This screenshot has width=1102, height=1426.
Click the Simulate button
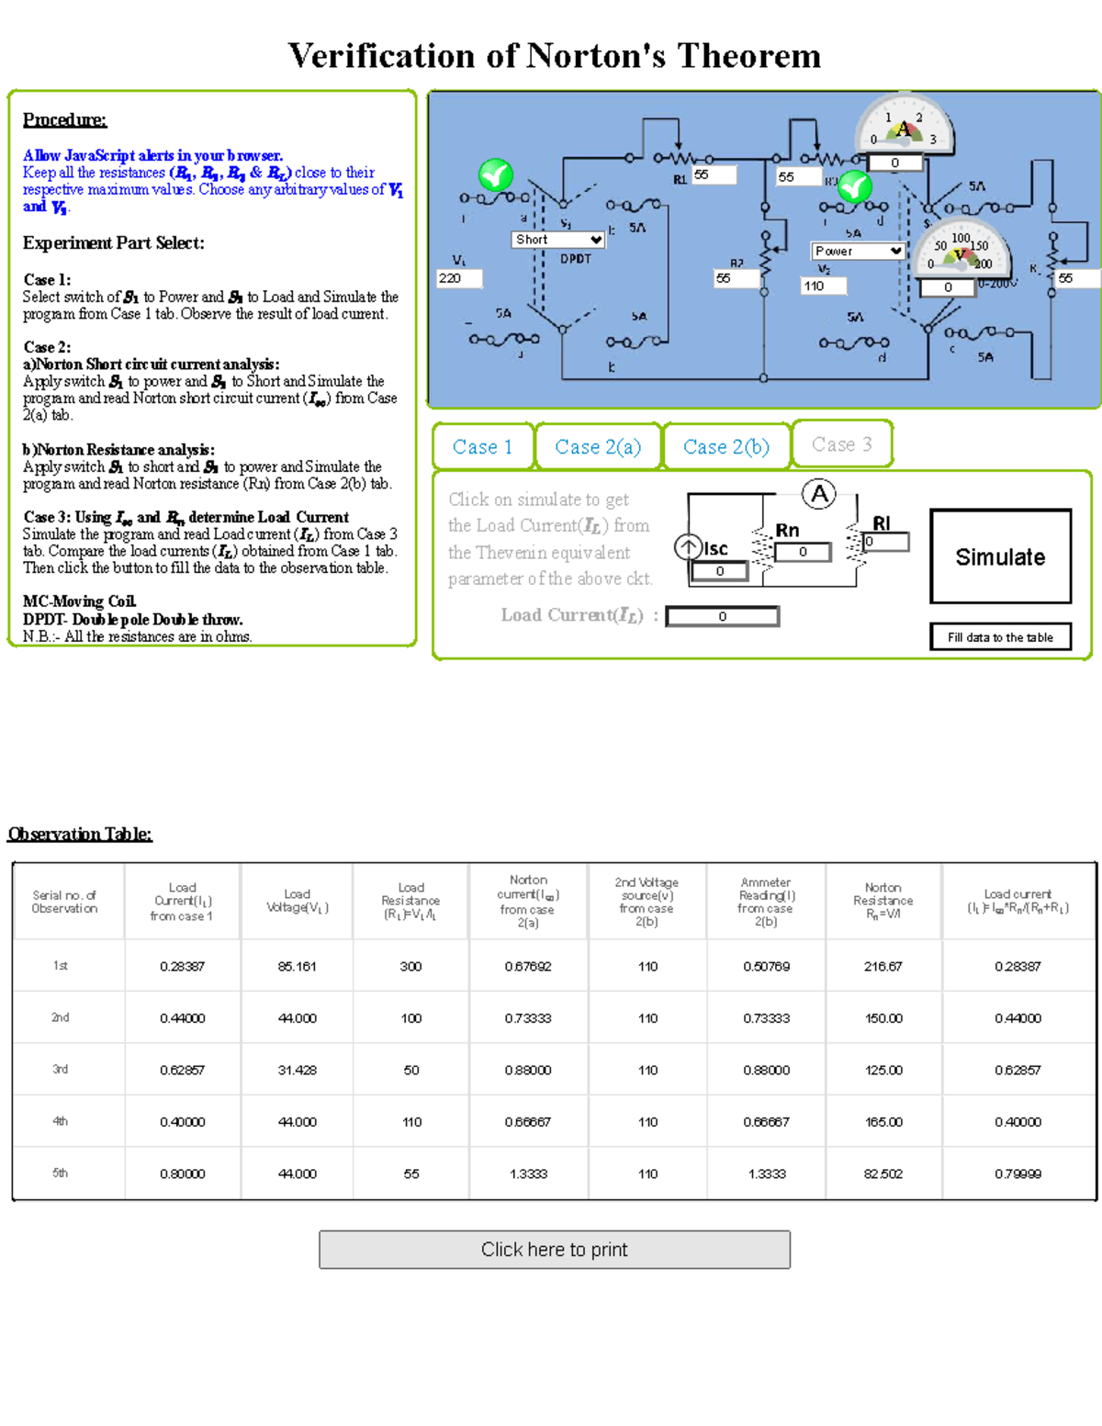[1000, 556]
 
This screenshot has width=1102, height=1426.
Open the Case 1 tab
[482, 447]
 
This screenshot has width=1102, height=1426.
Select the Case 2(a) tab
[598, 447]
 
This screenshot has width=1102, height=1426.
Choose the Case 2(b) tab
[725, 447]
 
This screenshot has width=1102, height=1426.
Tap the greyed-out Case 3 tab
[841, 444]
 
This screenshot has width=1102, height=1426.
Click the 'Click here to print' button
[554, 1250]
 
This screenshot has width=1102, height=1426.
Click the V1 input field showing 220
[458, 278]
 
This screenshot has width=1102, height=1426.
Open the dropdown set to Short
[557, 240]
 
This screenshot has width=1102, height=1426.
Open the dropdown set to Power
[858, 251]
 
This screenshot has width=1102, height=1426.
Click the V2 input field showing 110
[822, 286]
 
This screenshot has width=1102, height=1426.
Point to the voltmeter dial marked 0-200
[961, 250]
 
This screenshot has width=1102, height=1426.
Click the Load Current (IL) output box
[722, 616]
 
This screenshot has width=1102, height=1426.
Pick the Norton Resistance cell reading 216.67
[883, 966]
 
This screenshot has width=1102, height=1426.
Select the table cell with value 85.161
[297, 966]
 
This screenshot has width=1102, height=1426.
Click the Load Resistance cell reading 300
[410, 966]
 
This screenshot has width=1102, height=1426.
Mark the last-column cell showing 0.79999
[1018, 1173]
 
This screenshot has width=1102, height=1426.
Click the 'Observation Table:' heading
[80, 834]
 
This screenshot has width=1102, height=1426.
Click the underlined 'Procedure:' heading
[64, 119]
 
